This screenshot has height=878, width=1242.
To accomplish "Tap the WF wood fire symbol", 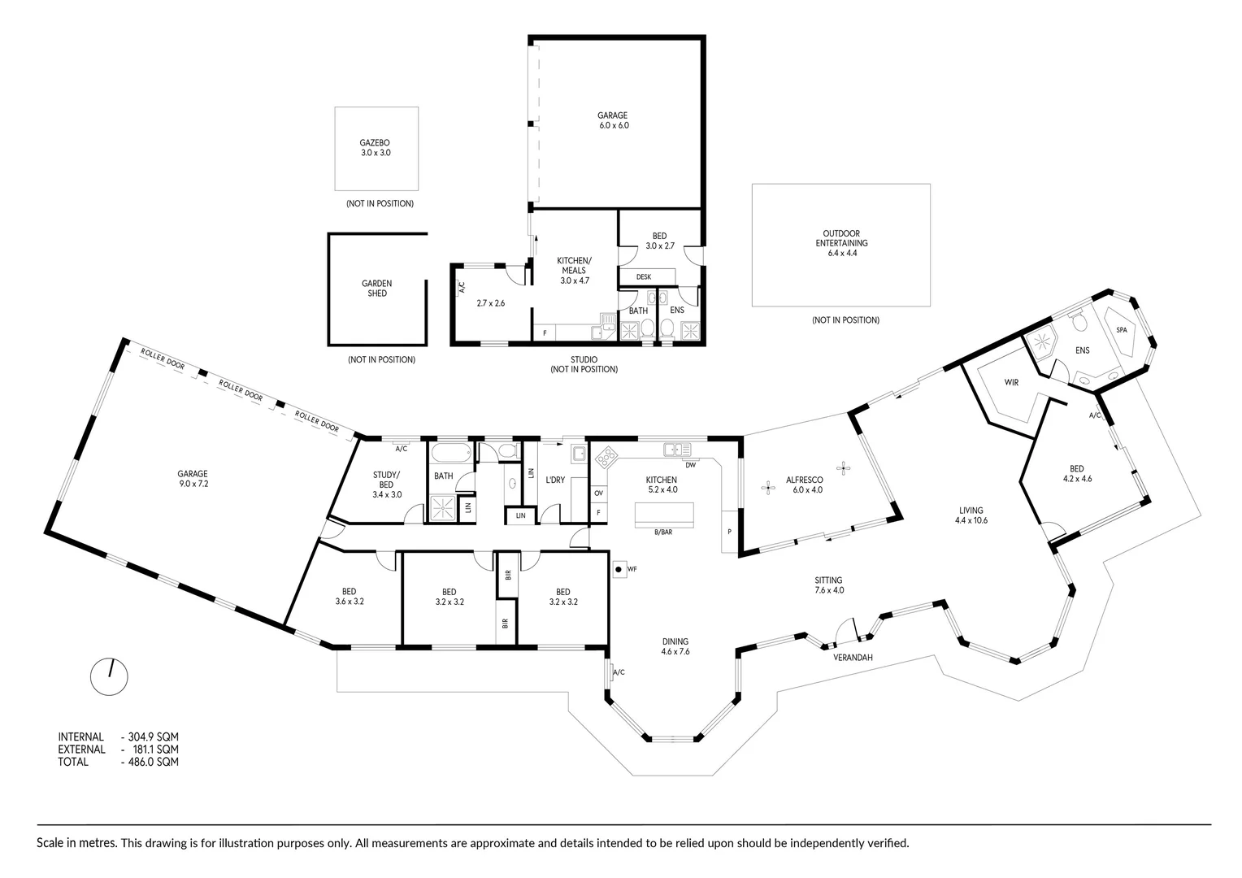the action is (x=619, y=569).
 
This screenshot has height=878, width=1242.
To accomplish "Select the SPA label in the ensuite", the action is (x=1121, y=330).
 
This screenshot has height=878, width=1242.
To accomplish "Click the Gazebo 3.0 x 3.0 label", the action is (x=376, y=147).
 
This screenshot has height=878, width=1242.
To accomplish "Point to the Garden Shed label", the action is (x=377, y=289).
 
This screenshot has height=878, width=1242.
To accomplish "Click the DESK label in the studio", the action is (x=643, y=276).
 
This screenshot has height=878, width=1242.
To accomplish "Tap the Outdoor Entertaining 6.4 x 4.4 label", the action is (x=841, y=243).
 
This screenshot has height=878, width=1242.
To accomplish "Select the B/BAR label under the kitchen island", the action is (x=663, y=532).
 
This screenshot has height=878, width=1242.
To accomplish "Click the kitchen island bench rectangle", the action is (x=664, y=514).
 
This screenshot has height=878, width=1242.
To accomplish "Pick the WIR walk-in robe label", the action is (x=1011, y=383).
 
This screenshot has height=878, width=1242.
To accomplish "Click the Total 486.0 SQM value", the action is (x=150, y=762).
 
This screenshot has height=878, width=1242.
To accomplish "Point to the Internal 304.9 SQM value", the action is (x=150, y=737).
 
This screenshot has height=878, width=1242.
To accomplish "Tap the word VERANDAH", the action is (x=853, y=658).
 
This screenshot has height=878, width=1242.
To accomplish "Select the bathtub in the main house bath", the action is (x=452, y=453).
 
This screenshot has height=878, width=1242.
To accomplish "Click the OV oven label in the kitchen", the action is (x=598, y=493).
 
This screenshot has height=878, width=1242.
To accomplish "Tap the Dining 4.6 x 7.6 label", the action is (x=675, y=647).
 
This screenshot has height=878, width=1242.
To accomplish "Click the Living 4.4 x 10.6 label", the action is (x=971, y=515).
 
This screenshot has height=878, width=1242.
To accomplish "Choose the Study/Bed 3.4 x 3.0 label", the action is (x=386, y=485).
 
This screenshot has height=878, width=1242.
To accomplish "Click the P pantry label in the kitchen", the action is (x=730, y=532).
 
